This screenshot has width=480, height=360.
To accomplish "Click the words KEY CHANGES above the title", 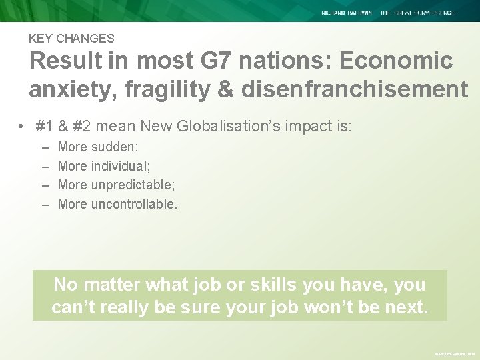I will click(71, 39).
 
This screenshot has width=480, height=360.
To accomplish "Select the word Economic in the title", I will click(396, 61).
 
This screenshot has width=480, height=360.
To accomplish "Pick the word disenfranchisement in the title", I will click(355, 89).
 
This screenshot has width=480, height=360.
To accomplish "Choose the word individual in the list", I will click(121, 166).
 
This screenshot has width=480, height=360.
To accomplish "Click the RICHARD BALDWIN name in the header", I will click(347, 13).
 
